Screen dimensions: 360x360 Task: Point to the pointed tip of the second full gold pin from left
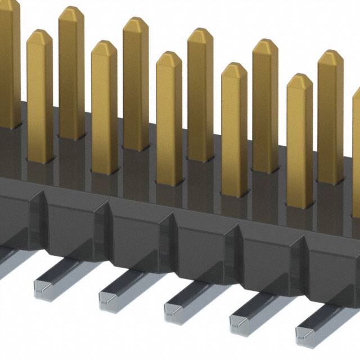click(71, 12)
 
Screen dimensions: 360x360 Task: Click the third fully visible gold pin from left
click(104, 107)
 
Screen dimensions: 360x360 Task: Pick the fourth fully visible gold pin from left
click(136, 84)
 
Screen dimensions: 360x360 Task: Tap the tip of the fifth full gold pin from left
click(169, 57)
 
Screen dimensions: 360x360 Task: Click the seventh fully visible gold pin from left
click(234, 129)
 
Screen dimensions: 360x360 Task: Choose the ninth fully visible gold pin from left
click(299, 141)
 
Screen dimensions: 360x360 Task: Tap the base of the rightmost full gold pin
click(331, 179)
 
